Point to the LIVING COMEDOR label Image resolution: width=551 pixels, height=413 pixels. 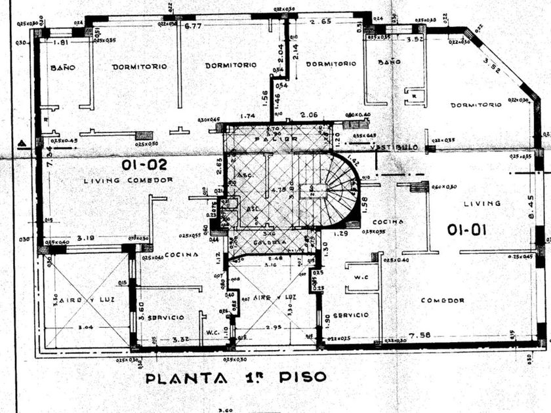[129, 180]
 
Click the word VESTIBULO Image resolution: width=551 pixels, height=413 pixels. [394, 148]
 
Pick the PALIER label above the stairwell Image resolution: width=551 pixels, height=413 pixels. [282, 139]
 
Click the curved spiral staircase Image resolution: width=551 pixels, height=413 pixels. [338, 190]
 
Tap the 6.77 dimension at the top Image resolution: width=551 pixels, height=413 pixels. [193, 26]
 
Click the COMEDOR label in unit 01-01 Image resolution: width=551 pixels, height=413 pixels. [443, 300]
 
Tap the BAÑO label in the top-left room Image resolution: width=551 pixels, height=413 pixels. [61, 68]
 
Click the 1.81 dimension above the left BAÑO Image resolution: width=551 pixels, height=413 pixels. [60, 43]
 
